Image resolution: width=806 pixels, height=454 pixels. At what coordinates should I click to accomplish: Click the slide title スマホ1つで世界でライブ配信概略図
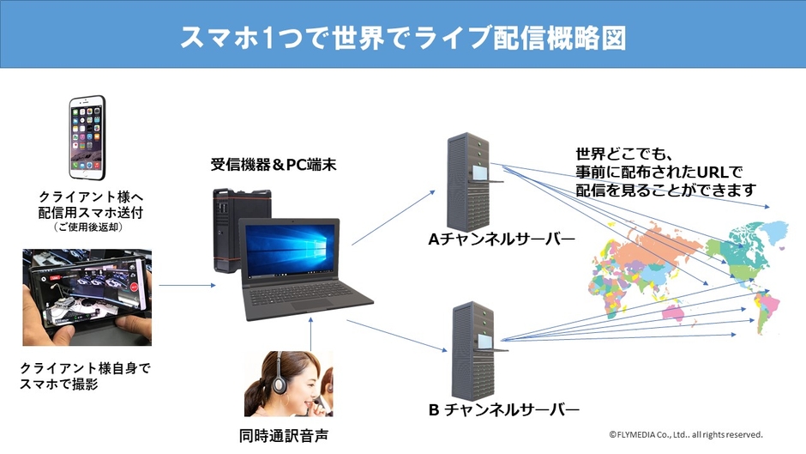402,38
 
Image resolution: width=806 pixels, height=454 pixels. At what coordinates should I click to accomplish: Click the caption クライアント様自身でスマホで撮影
85,376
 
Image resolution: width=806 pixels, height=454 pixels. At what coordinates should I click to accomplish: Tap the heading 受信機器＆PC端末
273,163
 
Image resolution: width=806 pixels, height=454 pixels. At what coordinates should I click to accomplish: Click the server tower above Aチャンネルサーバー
470,179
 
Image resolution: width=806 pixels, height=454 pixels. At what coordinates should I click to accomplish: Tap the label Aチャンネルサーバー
502,239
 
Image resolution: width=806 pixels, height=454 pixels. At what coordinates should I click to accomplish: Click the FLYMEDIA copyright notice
686,434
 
